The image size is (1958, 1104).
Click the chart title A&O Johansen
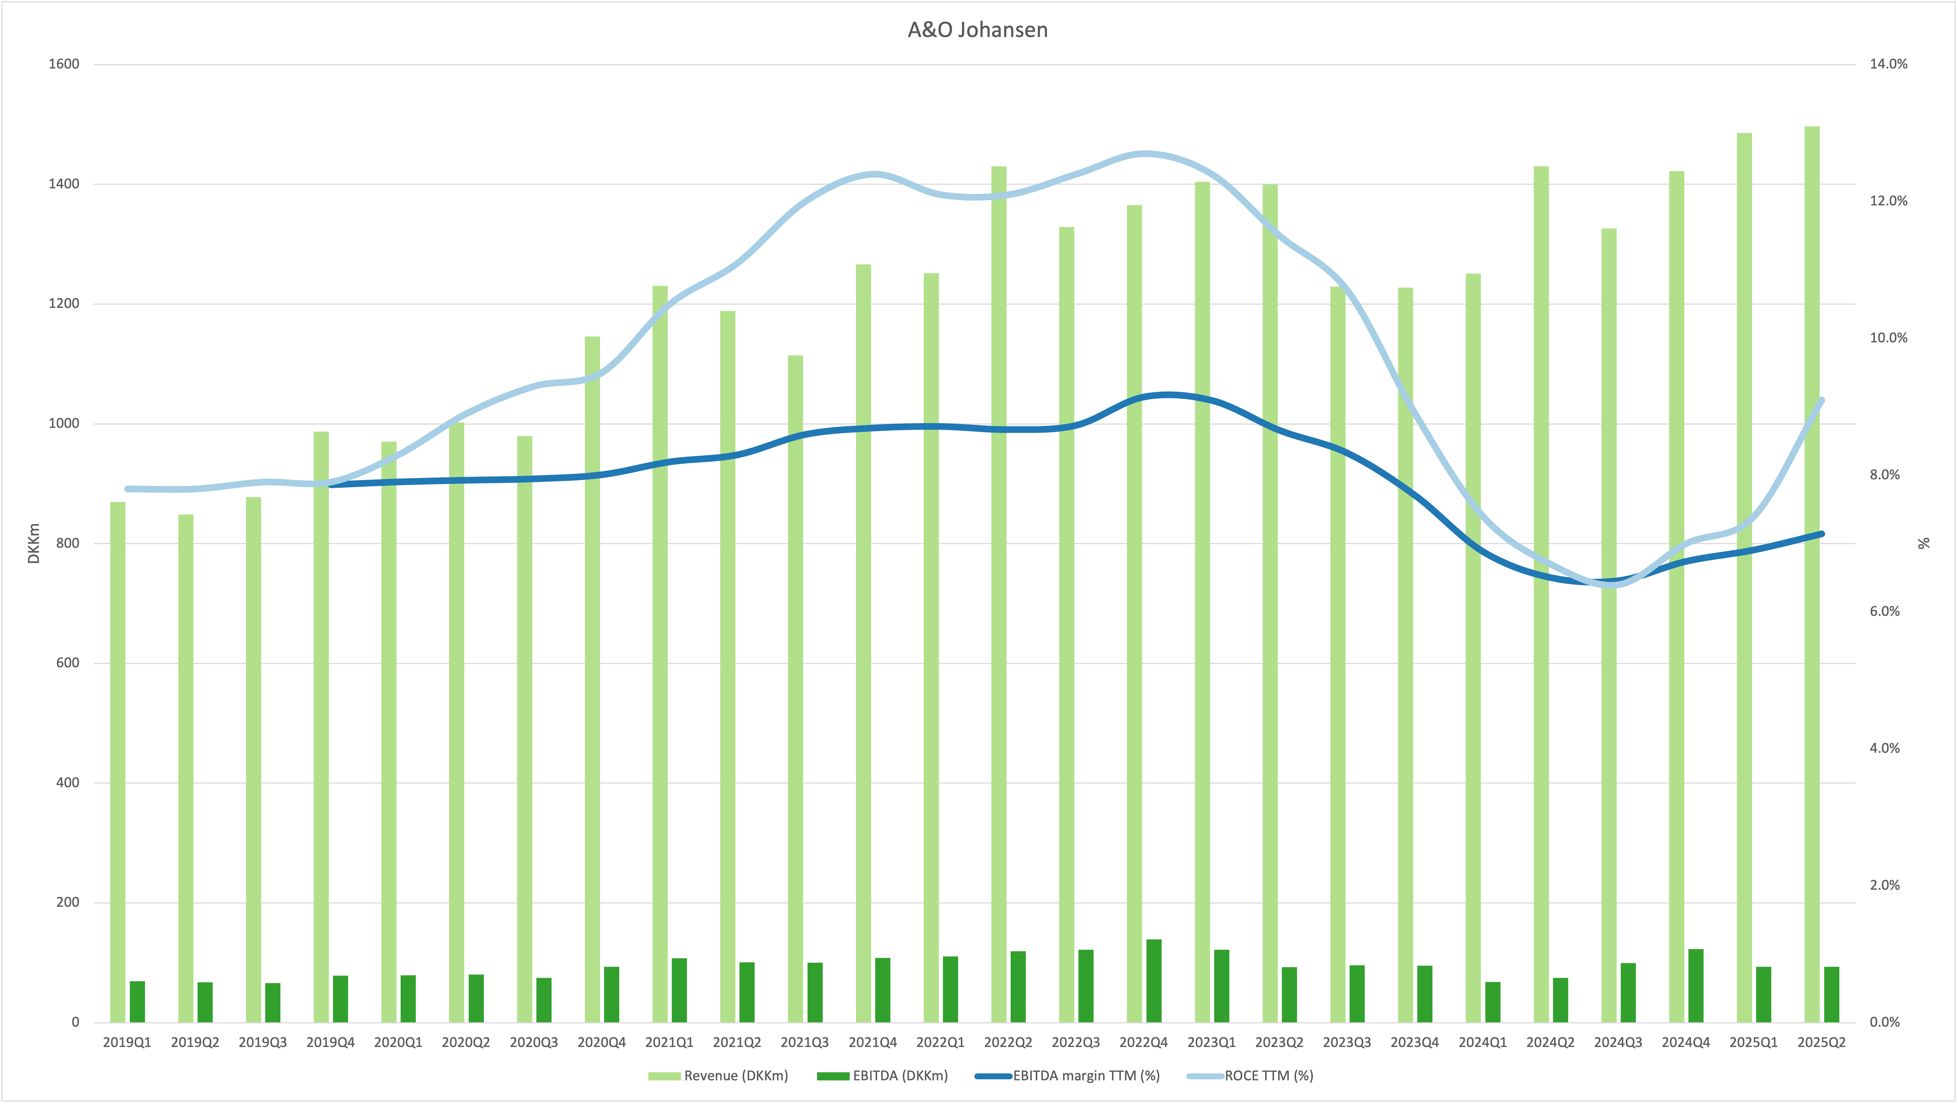[977, 30]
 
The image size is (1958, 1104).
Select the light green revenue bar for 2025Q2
[1812, 574]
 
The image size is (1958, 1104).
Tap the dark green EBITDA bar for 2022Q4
[1154, 981]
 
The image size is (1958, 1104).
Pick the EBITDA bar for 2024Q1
[1493, 1002]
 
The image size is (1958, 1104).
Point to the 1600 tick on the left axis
[64, 64]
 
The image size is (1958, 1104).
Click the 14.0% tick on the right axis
[1889, 64]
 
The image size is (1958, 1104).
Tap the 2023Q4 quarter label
[1415, 1043]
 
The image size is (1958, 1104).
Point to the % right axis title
[1924, 543]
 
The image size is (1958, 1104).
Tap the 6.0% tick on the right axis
[1885, 611]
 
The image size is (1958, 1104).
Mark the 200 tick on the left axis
[68, 903]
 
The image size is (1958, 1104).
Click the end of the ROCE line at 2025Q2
[1822, 400]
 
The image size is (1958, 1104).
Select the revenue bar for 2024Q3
[1608, 625]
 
